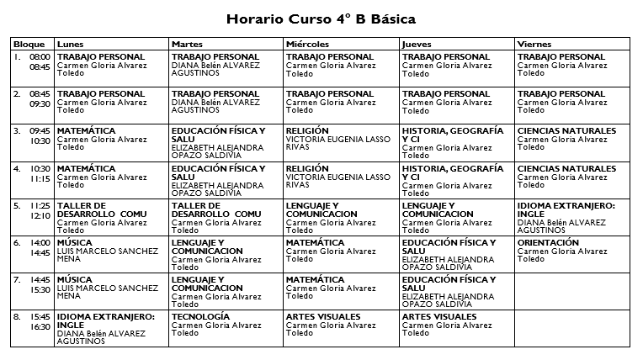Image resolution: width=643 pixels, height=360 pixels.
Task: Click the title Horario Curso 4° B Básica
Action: (321, 18)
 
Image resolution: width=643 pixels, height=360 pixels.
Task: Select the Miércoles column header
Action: (306, 44)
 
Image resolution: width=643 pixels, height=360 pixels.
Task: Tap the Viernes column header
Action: (534, 44)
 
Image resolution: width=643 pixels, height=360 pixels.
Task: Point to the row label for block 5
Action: (17, 205)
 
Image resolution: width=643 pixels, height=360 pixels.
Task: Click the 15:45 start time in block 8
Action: (40, 317)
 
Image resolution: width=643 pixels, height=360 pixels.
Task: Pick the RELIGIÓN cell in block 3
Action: (307, 131)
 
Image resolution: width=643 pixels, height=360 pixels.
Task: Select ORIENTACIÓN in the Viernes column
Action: (548, 243)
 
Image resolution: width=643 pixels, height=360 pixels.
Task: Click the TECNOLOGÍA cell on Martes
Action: (199, 317)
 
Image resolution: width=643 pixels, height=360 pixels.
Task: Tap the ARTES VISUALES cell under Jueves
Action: (439, 317)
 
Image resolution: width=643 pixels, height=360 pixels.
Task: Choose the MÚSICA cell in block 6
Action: (75, 243)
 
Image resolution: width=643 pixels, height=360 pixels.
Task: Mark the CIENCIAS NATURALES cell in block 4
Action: (566, 168)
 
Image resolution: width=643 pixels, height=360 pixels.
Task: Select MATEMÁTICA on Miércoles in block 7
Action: (315, 280)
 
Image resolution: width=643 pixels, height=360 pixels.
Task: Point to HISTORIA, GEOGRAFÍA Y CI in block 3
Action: (453, 135)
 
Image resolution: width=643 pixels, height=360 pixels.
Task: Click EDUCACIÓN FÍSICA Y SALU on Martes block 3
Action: (217, 135)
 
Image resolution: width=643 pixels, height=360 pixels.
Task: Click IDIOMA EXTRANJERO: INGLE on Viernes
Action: (566, 209)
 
